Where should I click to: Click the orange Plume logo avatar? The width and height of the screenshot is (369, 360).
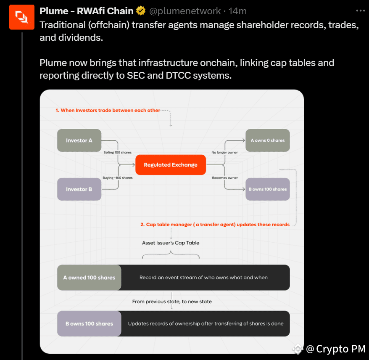coord(22,17)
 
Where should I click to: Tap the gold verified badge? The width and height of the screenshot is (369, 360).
coord(141,11)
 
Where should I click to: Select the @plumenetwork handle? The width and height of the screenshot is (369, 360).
coord(184,11)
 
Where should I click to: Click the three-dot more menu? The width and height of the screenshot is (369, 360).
coord(360,11)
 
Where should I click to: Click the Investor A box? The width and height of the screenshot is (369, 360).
coord(79,140)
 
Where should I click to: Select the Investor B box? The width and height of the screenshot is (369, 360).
coord(79,189)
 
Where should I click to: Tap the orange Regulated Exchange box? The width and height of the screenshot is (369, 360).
coord(171,165)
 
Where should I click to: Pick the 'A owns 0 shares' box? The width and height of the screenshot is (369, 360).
coord(268,140)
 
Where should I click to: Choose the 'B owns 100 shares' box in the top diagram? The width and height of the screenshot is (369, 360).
coord(268,189)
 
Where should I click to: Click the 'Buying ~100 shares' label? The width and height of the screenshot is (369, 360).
coord(118,178)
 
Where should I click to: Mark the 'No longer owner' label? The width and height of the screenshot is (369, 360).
coord(225,152)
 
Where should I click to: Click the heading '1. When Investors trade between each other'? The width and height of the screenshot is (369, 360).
coord(108,111)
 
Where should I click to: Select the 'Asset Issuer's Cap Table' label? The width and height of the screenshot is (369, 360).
coord(171,243)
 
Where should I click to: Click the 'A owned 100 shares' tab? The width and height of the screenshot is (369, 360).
coord(89,278)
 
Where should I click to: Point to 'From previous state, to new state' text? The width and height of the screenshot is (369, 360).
coord(172,302)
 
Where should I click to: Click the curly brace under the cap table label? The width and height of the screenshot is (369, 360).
coord(171,254)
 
